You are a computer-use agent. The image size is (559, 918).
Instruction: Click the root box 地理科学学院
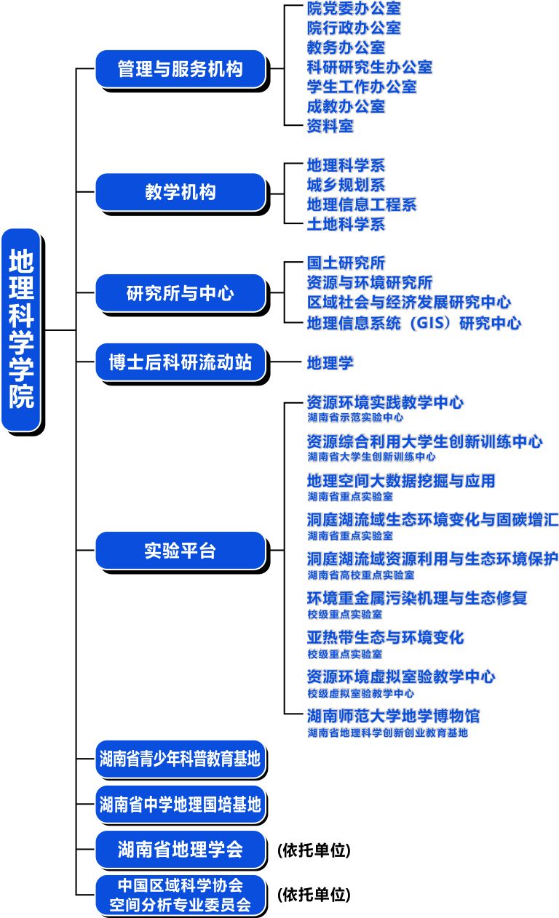(21, 330)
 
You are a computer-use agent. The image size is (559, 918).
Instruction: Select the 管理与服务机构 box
(180, 69)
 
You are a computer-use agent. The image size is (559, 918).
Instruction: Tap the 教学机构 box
(180, 193)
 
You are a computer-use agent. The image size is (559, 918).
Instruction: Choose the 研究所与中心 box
(180, 294)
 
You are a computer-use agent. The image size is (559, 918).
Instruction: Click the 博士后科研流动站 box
(180, 362)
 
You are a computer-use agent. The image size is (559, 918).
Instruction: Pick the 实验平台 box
(180, 551)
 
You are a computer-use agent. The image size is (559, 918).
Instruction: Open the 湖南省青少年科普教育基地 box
(180, 759)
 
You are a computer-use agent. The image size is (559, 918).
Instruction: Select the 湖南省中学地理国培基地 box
(180, 805)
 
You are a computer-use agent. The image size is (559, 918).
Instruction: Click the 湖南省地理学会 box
(180, 849)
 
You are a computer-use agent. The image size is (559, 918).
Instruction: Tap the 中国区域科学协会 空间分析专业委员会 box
(180, 895)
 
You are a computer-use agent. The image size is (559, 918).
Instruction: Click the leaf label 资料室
(330, 126)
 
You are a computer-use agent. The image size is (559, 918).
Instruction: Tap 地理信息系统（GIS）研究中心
(413, 323)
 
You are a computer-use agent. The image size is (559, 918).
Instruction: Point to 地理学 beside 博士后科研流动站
(330, 362)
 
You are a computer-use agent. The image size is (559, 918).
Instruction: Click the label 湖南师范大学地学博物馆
(393, 716)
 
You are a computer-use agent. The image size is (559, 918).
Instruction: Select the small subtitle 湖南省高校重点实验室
(360, 575)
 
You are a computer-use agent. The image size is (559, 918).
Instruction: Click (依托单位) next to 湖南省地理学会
(314, 850)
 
